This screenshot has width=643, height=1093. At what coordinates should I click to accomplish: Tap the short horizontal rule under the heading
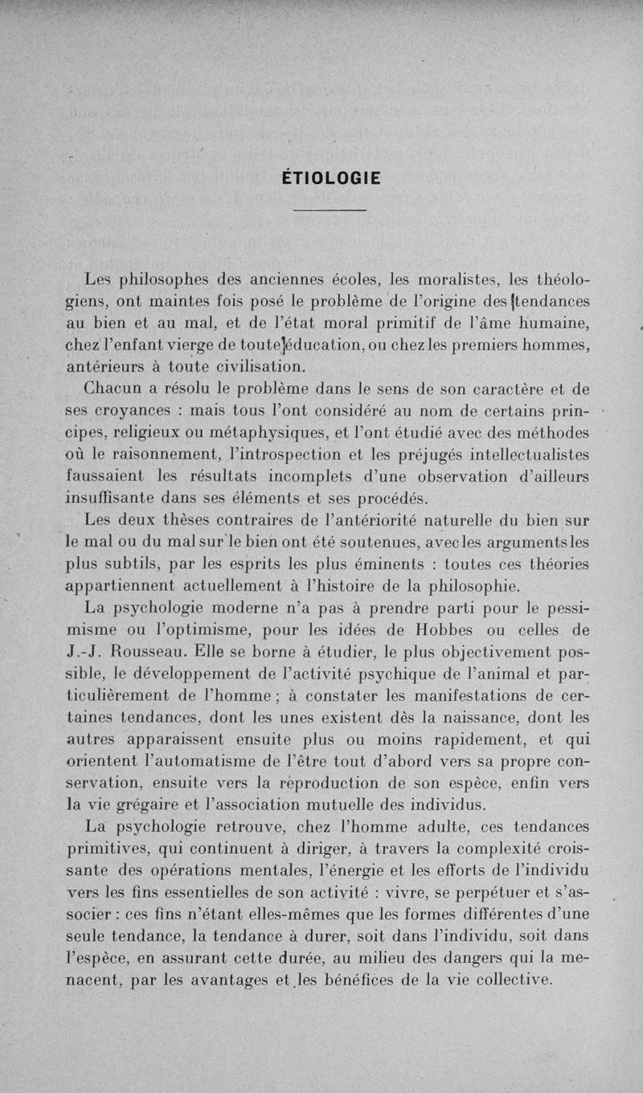pos(330,211)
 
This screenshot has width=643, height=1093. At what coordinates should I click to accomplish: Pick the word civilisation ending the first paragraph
pos(238,366)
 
